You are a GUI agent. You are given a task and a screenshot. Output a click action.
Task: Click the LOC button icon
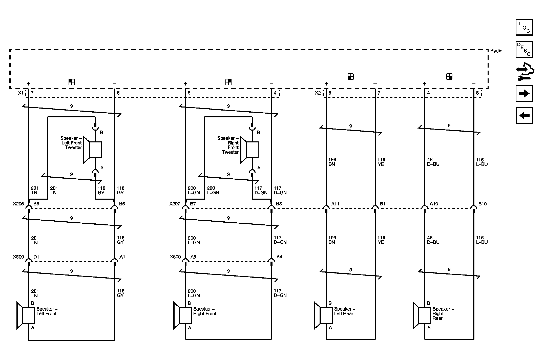coord(524,27)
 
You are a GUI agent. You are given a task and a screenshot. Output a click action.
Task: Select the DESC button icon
coord(524,49)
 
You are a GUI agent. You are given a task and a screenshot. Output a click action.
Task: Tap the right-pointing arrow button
coord(524,94)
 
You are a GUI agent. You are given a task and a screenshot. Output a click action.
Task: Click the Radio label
coord(496,51)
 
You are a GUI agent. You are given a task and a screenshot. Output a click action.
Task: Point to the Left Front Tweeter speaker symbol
coord(93,150)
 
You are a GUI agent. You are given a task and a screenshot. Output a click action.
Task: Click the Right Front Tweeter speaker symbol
coord(249,150)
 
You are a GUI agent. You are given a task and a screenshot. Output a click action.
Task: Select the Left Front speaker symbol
coord(26,315)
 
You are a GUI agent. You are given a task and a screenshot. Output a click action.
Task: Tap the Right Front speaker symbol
coord(183,315)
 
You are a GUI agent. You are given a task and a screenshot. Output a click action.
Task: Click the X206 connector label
coord(18,204)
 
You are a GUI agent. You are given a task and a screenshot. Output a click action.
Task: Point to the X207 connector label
coord(175,204)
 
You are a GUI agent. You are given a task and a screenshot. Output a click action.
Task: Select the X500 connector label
coord(18,257)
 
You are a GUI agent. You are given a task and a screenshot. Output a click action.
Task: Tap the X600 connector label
coord(175,257)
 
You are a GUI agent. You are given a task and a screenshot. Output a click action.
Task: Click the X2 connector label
coord(318,93)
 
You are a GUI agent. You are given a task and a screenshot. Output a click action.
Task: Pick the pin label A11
coord(335,204)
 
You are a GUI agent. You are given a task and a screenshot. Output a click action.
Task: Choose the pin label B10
coord(483,204)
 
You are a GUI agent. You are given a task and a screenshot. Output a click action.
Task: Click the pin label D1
coord(36,257)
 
